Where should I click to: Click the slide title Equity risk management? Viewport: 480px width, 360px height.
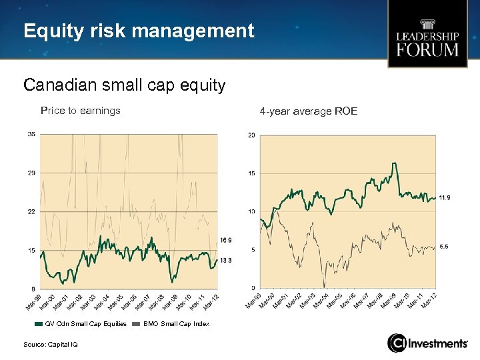pos(139,31)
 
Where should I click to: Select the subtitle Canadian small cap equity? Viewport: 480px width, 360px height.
pos(124,85)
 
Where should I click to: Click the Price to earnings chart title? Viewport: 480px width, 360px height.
pos(81,111)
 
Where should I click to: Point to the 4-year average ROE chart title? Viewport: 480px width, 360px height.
pos(309,111)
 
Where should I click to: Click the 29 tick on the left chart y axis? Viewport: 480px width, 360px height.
pos(31,173)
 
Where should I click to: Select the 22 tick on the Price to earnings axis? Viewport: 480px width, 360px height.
pos(31,211)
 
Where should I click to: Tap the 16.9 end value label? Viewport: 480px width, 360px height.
pos(226,240)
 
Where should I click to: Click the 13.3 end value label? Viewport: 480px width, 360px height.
pos(226,260)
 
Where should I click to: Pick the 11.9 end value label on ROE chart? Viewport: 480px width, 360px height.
pos(444,197)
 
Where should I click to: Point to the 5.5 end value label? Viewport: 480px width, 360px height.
pos(444,247)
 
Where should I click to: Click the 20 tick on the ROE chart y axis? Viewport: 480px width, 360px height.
pos(251,135)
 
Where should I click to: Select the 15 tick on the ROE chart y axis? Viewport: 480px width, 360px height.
pos(251,173)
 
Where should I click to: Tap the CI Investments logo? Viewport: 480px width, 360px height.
pos(427,343)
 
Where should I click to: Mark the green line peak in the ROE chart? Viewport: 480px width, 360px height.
pos(395,163)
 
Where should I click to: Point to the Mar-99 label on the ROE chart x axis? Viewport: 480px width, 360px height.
pos(253,303)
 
